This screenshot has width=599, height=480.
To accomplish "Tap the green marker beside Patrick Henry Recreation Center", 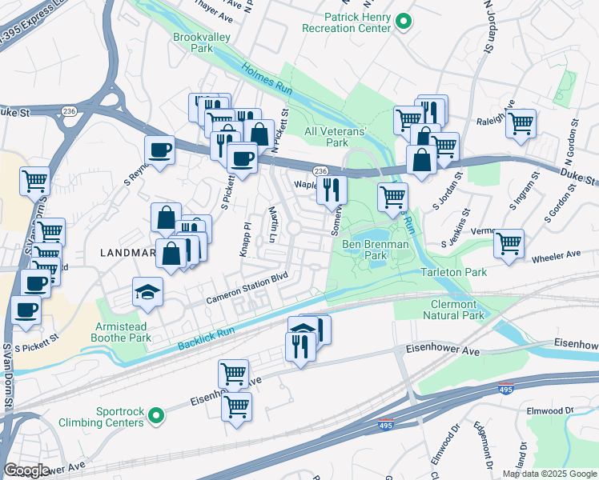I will [x=404, y=22].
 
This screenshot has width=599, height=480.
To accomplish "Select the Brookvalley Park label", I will [x=194, y=42].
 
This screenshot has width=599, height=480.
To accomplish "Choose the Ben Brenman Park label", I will [x=376, y=250].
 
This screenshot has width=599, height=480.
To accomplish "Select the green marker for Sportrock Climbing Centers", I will [x=158, y=414].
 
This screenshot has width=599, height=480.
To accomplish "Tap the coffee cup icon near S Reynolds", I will [x=159, y=150].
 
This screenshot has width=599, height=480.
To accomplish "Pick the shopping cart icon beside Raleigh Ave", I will [x=521, y=123].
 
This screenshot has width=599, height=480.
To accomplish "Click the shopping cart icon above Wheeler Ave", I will [x=509, y=243].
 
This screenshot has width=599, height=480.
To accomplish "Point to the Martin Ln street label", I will [x=272, y=226].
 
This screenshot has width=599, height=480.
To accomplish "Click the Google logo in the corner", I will [x=26, y=470].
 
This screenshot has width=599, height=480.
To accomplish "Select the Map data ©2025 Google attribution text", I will [x=549, y=474].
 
